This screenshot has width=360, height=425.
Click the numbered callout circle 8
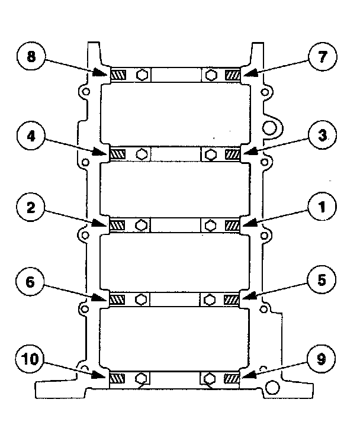[31, 58]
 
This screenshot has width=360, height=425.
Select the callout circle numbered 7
[321, 58]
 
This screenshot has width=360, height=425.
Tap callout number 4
[31, 136]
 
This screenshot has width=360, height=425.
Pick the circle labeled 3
[321, 136]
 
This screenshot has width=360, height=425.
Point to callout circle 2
[31, 208]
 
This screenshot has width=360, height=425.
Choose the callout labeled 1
[321, 208]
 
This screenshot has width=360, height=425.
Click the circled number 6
[31, 282]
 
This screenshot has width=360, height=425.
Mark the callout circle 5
[321, 282]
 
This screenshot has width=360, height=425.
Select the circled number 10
[31, 359]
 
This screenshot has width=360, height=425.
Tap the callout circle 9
[321, 359]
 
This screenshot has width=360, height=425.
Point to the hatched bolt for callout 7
[233, 75]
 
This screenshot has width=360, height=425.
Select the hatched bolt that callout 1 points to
[233, 226]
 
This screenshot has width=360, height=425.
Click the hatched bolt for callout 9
[233, 377]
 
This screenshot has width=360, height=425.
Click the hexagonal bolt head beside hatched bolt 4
[142, 153]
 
